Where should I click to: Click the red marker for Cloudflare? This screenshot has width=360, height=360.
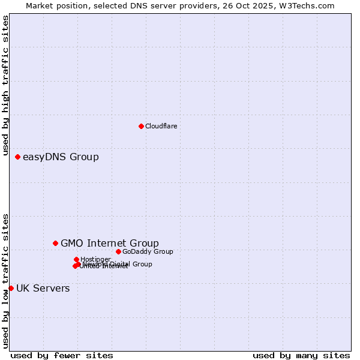141,126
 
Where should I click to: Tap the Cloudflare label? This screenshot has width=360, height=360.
161,126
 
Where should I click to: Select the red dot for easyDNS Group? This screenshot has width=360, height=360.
17,157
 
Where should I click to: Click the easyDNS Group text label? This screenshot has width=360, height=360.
61,157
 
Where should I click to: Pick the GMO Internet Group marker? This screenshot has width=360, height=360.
55,243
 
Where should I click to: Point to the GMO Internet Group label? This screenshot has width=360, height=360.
110,243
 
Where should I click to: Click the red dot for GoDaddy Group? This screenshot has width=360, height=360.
118,251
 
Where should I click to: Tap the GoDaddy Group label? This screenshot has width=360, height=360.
148,251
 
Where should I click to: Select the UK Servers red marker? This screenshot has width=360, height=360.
11,288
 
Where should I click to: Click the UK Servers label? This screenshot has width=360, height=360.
43,289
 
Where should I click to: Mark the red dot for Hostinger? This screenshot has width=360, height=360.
76,259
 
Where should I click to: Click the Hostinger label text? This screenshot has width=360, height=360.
95,259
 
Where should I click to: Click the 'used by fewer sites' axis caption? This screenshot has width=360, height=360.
62,355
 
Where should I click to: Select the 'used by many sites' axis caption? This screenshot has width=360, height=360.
301,355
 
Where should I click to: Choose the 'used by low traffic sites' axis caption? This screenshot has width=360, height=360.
6,280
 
